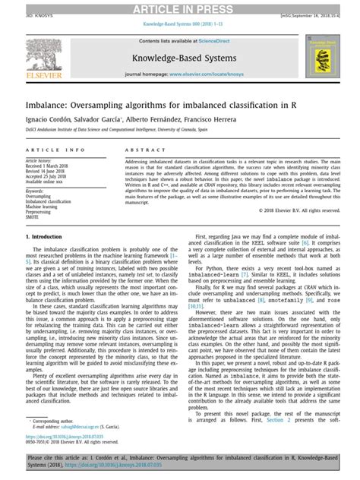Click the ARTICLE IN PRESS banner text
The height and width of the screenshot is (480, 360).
pyautogui.click(x=179, y=7)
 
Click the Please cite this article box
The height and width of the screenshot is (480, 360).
pyautogui.click(x=179, y=463)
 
